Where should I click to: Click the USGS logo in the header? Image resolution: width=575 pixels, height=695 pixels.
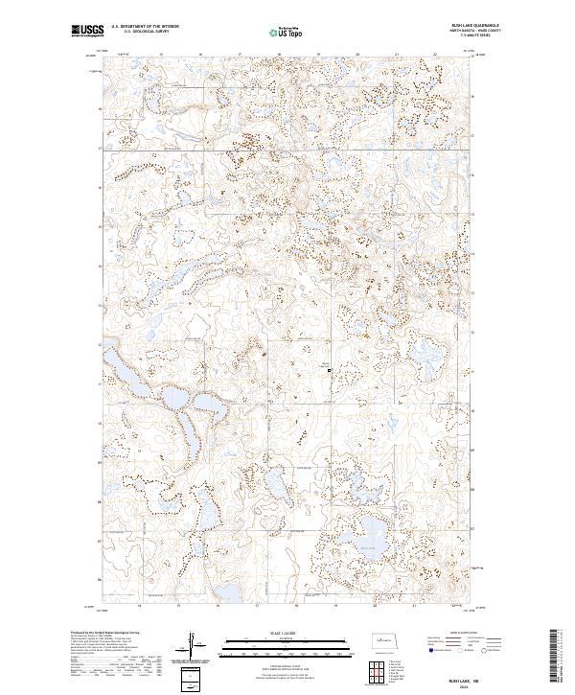coord(87,33)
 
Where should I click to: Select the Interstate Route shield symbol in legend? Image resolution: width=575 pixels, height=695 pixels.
coord(427,650)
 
